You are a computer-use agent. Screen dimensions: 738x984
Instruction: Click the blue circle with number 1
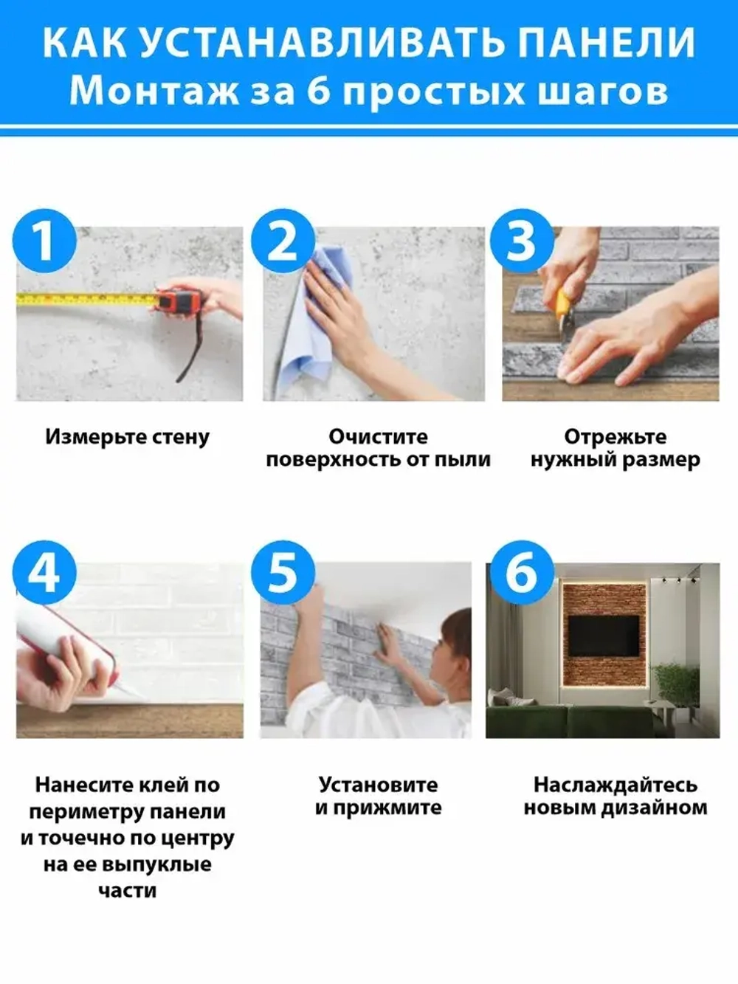coord(45,241)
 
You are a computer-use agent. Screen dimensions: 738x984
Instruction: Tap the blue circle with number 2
coord(283,241)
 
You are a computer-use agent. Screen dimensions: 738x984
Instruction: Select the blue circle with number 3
coord(522,241)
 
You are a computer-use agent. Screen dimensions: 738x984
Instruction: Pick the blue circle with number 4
coord(45,573)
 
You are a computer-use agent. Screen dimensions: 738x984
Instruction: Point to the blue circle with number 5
coord(283,573)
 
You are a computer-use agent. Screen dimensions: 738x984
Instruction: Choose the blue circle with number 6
coord(522,573)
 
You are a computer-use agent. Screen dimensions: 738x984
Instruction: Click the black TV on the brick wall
coord(604,635)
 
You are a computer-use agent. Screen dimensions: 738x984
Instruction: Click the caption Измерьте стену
coord(127,436)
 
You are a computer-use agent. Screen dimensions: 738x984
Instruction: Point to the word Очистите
coord(378,436)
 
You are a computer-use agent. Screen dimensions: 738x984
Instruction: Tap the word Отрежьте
coord(615,436)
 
